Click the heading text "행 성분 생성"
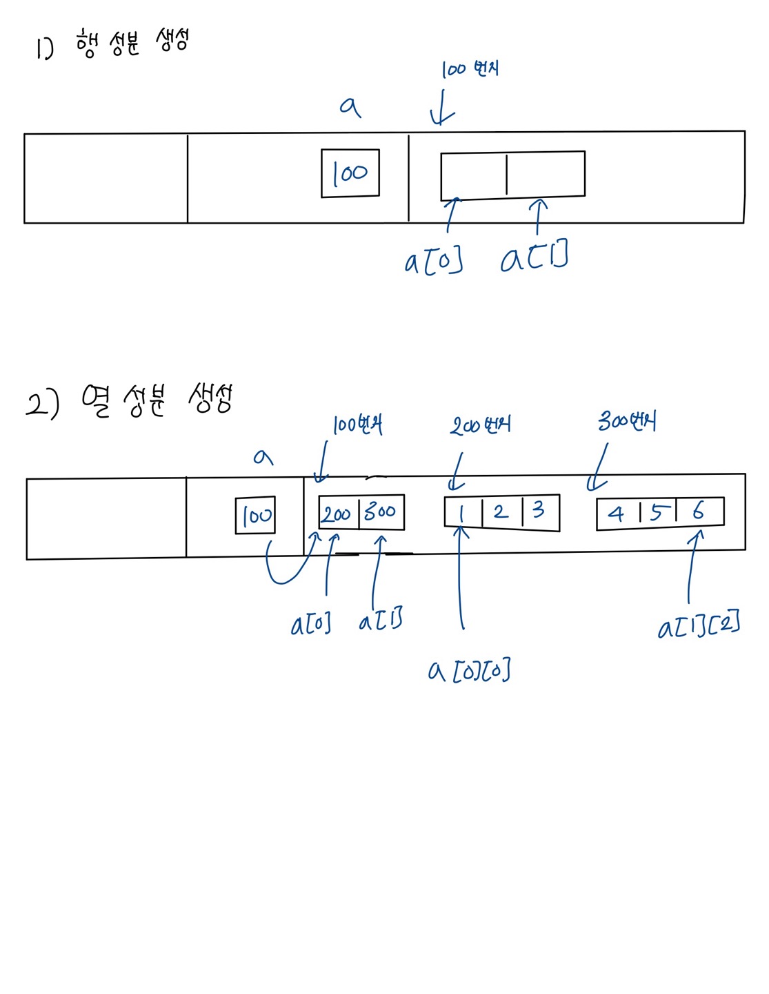pos(132,43)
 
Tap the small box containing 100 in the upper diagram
pos(350,173)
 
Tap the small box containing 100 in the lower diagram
pos(256,515)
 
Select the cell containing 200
pos(338,513)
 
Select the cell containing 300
pos(381,512)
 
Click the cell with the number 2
pos(501,512)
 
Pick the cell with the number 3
pos(540,511)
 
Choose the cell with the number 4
pos(617,514)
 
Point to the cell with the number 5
pos(658,512)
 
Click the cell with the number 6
pos(699,511)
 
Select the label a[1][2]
pos(699,625)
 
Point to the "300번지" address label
pos(627,421)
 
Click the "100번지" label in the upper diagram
pos(470,69)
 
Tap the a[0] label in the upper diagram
pos(434,262)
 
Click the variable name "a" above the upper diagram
pos(350,106)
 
